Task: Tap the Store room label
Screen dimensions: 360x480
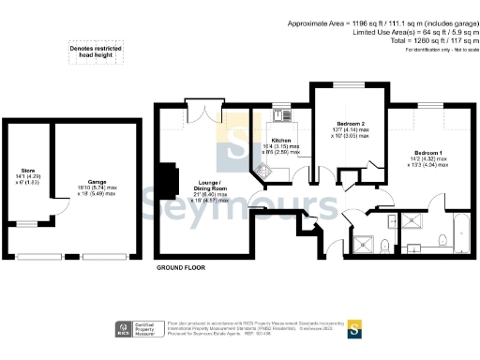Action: click(21, 170)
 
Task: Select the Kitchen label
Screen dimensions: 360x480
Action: click(281, 141)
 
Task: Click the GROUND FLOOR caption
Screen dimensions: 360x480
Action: click(180, 267)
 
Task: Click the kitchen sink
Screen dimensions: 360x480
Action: click(283, 118)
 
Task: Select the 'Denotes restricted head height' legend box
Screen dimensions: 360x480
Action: click(94, 52)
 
